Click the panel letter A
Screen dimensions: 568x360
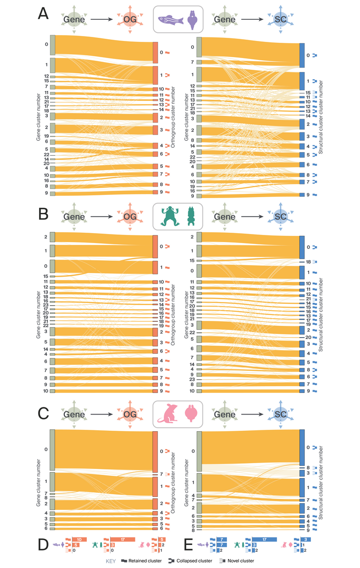[x=43, y=15]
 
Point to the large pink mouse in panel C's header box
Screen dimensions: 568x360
[x=167, y=414]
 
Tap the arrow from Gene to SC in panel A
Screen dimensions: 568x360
[x=250, y=19]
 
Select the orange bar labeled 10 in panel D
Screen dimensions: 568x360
[x=79, y=539]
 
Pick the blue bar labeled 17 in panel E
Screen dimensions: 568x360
[x=264, y=539]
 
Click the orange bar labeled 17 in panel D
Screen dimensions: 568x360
[x=122, y=539]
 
